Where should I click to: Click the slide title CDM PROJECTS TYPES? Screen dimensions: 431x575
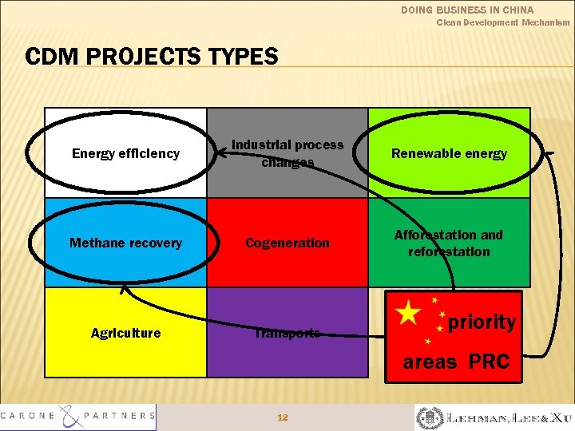click(x=152, y=57)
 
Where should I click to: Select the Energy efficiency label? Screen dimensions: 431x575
click(x=125, y=153)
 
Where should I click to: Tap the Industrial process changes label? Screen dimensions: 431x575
click(x=287, y=153)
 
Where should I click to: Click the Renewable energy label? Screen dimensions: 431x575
click(x=449, y=153)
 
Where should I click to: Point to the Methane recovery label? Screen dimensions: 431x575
click(x=125, y=243)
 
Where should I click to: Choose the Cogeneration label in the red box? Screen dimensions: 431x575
click(x=287, y=243)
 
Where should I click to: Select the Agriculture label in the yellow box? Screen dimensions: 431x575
click(x=125, y=333)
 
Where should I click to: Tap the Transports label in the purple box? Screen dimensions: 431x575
click(x=287, y=333)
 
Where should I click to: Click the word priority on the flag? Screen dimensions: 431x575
click(x=482, y=322)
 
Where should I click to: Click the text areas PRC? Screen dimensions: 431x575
click(x=456, y=362)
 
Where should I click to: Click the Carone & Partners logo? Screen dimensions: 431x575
click(x=78, y=416)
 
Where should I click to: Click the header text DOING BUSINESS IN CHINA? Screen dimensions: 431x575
click(x=478, y=10)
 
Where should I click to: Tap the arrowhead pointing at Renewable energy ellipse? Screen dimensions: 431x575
click(x=549, y=151)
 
